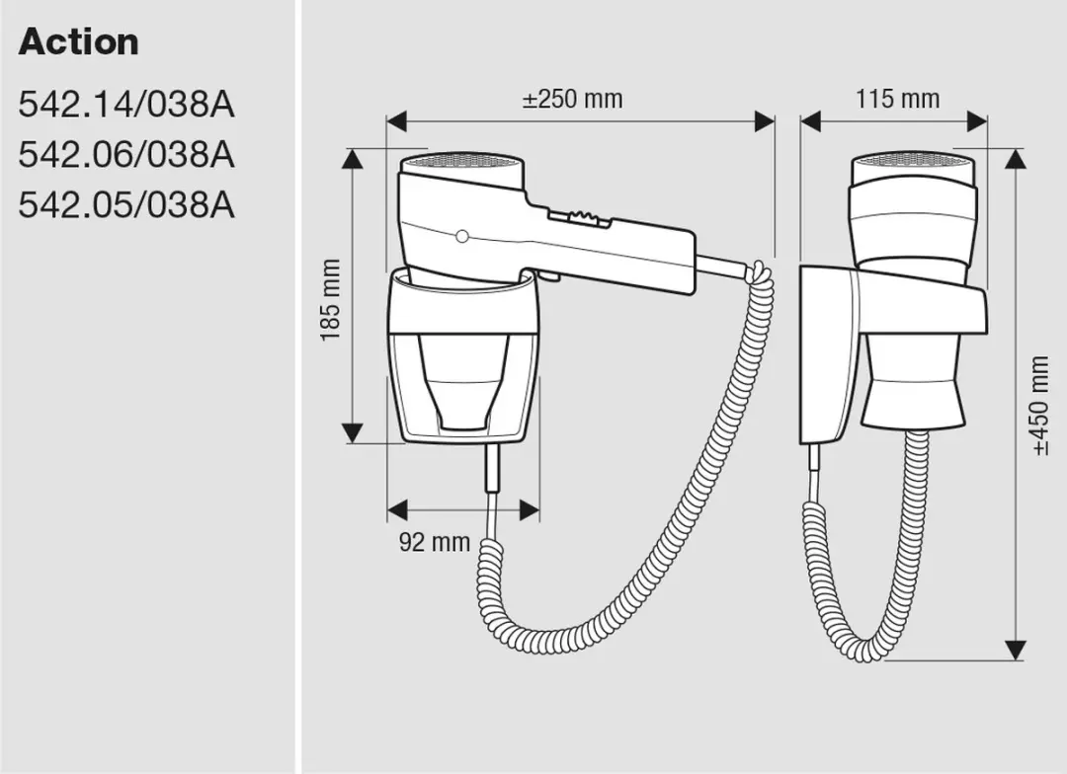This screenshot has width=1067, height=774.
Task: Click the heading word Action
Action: pos(78,42)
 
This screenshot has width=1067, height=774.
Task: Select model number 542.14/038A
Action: pos(126,105)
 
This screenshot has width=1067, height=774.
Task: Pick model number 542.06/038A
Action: pos(126,154)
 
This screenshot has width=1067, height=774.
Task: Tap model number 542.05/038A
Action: pos(126,204)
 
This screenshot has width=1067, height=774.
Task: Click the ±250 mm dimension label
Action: pos(572,100)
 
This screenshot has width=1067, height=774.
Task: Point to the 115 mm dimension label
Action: pos(897,100)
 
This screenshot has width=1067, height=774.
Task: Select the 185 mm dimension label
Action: pos(330,300)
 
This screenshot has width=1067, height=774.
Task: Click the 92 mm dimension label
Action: pos(434,542)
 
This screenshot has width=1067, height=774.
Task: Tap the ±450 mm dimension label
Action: pos(1039,406)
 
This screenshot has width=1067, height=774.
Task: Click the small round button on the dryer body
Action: pos(462,237)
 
